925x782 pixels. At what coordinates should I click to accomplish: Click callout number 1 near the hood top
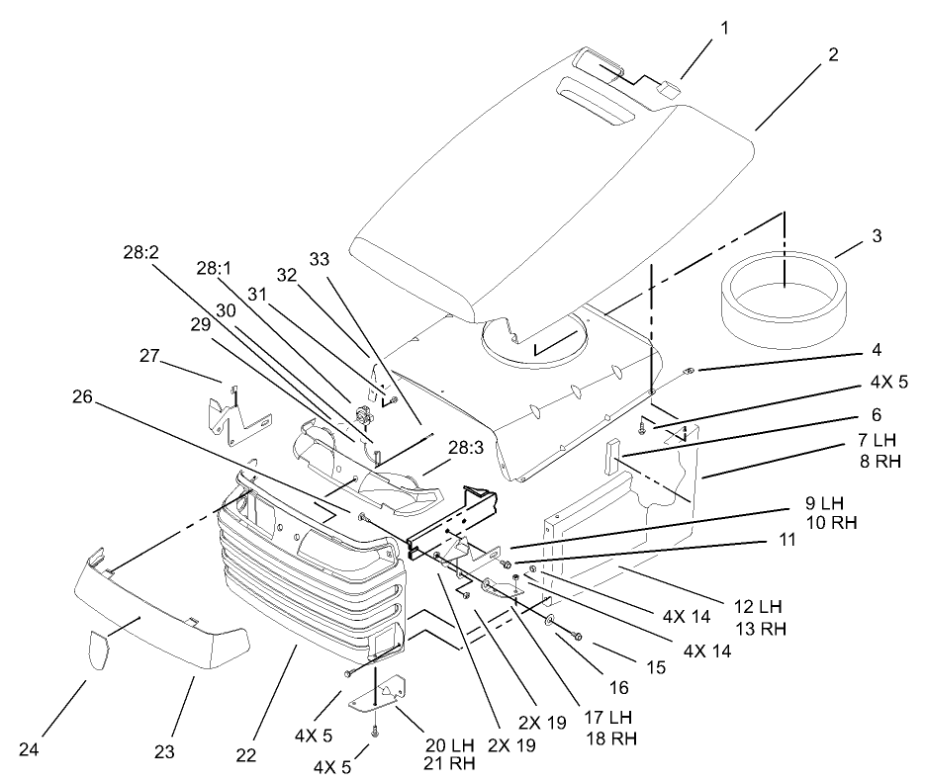pyautogui.click(x=724, y=28)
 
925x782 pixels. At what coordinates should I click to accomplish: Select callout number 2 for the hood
pyautogui.click(x=832, y=54)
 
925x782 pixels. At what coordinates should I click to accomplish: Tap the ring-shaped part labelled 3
pyautogui.click(x=784, y=301)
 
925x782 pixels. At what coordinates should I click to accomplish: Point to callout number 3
pyautogui.click(x=877, y=235)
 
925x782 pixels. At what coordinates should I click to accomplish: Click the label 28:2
pyautogui.click(x=141, y=252)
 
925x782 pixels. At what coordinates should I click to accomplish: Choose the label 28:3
pyautogui.click(x=466, y=448)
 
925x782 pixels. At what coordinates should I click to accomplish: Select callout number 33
pyautogui.click(x=320, y=259)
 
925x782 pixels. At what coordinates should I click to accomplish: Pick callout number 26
pyautogui.click(x=82, y=396)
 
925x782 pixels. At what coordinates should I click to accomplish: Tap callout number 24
pyautogui.click(x=29, y=749)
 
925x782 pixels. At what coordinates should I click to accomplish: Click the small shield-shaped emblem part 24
pyautogui.click(x=99, y=649)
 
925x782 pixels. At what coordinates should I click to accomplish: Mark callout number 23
pyautogui.click(x=164, y=751)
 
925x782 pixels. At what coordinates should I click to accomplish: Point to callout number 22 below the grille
pyautogui.click(x=246, y=755)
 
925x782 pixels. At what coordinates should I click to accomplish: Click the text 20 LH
pyautogui.click(x=449, y=744)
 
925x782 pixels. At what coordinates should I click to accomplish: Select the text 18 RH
pyautogui.click(x=611, y=738)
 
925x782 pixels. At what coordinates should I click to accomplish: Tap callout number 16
pyautogui.click(x=619, y=687)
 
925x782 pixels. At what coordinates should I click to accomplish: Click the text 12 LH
pyautogui.click(x=758, y=606)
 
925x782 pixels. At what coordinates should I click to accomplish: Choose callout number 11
pyautogui.click(x=786, y=539)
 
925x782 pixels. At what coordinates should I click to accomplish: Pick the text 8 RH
pyautogui.click(x=880, y=461)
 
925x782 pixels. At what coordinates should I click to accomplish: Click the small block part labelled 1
pyautogui.click(x=667, y=87)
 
